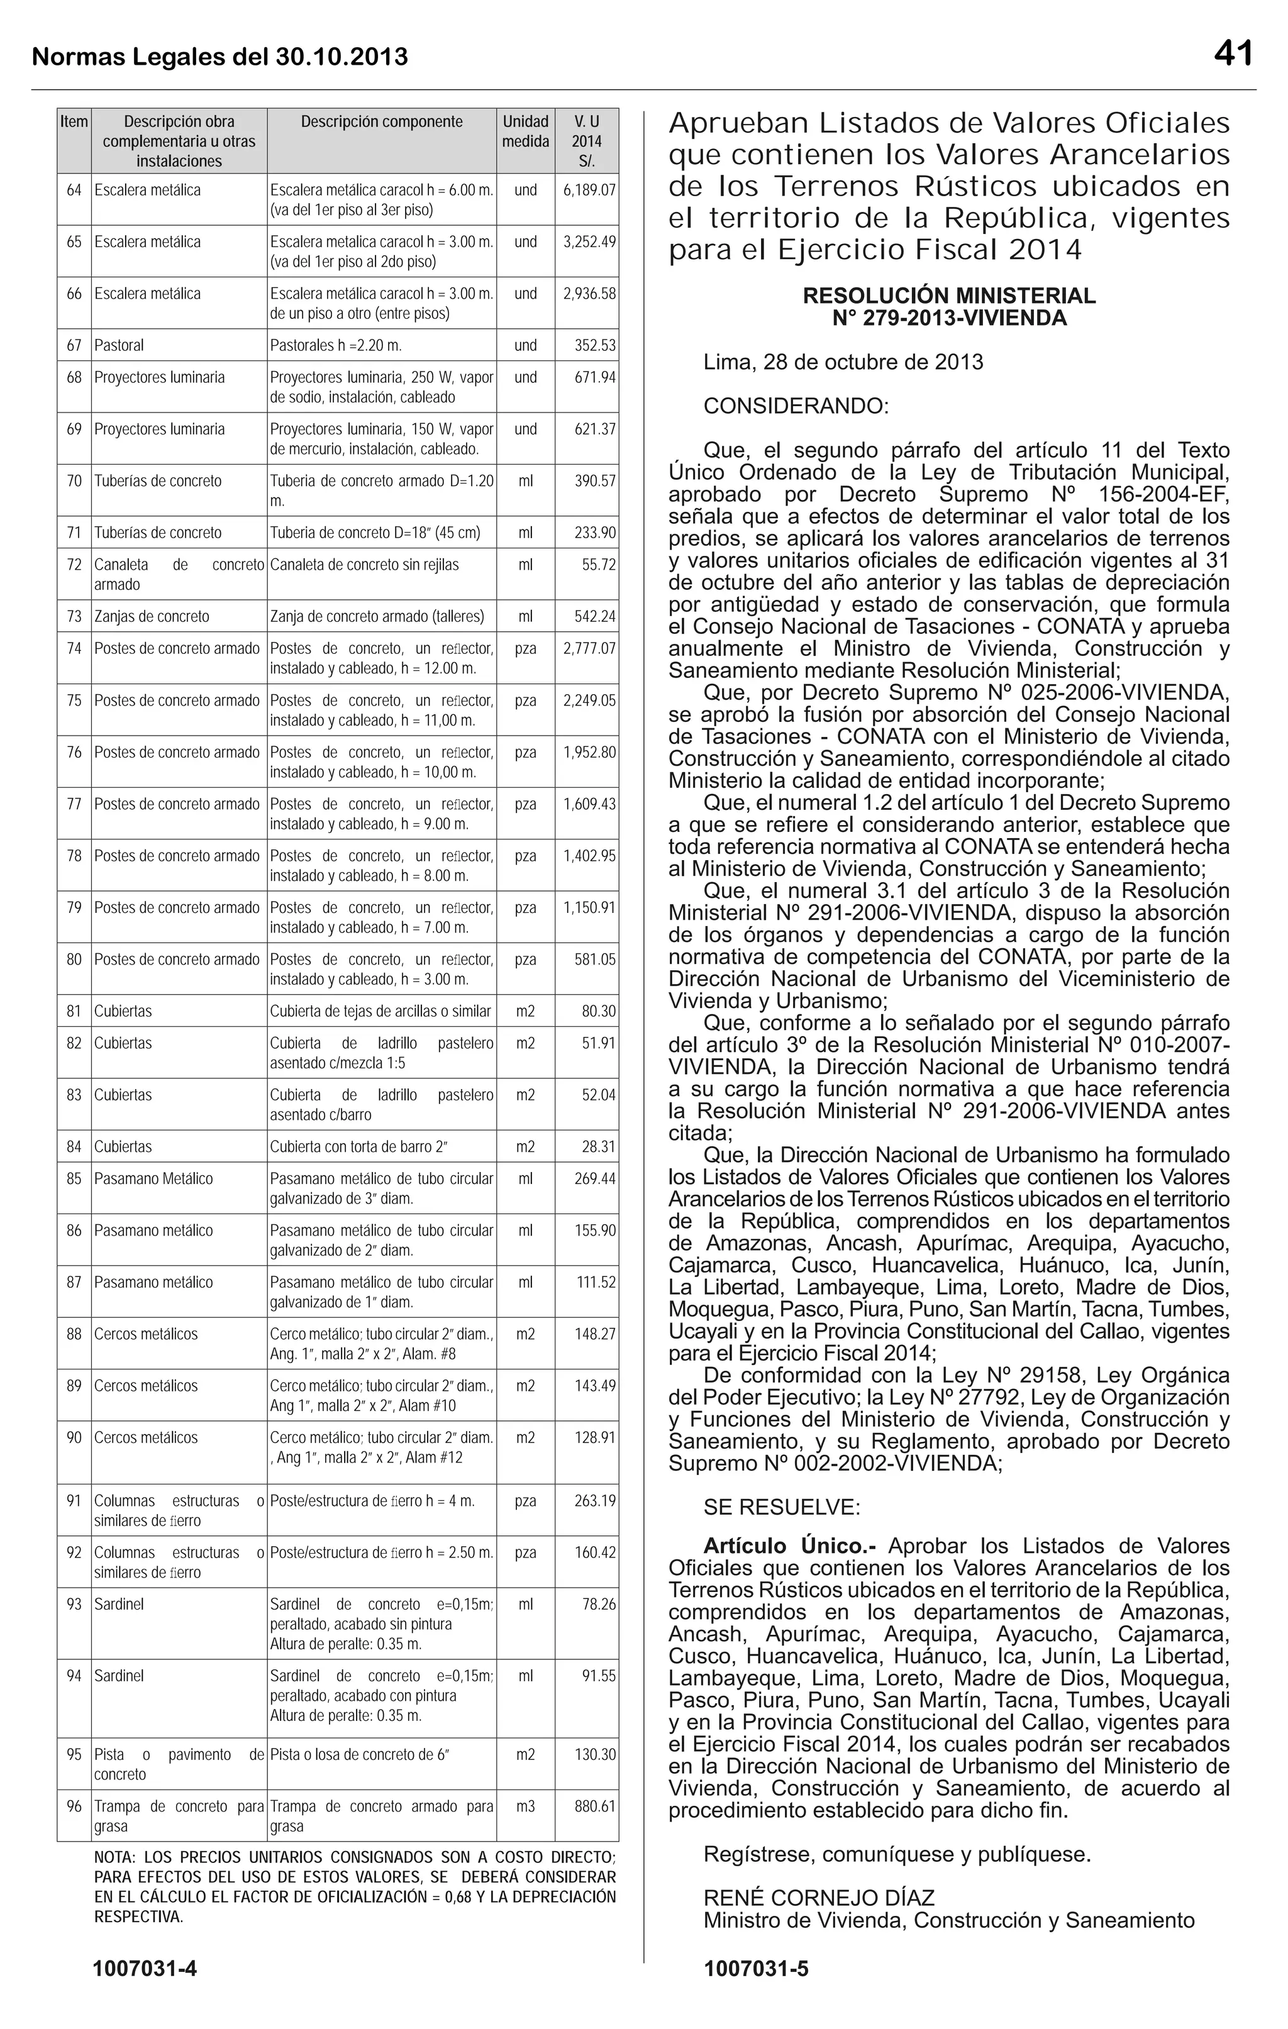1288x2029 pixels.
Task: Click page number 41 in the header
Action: tap(1233, 54)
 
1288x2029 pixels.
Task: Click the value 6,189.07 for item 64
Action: tap(589, 191)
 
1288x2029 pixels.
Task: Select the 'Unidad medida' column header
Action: tap(525, 131)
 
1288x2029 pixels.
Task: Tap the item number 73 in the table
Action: tap(74, 617)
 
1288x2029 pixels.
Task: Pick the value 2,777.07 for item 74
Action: tap(589, 649)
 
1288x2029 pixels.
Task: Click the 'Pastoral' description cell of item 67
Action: tap(119, 345)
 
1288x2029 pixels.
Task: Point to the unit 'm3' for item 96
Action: tap(525, 1806)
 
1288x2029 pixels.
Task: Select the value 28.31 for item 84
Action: tap(597, 1147)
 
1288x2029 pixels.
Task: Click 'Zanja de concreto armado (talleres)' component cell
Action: tap(377, 617)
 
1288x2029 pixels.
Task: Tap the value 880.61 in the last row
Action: tap(594, 1806)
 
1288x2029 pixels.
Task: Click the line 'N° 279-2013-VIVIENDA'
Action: tap(949, 319)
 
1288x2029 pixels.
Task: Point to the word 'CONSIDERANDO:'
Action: tap(796, 407)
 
